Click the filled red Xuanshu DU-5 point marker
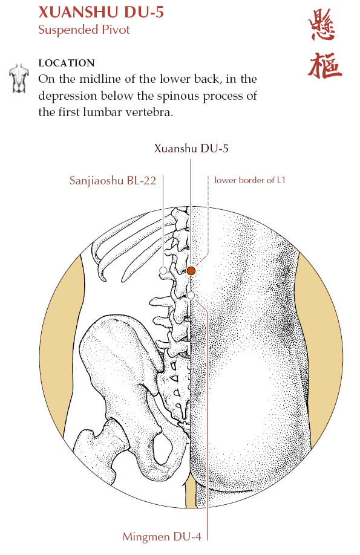tap(191, 271)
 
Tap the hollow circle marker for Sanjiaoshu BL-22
tap(163, 271)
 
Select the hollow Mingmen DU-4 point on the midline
tap(191, 295)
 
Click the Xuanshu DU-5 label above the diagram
tap(191, 148)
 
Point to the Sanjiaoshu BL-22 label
tap(113, 181)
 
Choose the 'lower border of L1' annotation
tap(250, 180)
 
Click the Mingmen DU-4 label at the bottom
tap(162, 537)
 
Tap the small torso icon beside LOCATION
tap(18, 78)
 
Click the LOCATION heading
tap(67, 63)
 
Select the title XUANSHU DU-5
tap(101, 12)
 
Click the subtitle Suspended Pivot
tap(84, 30)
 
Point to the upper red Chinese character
tap(322, 25)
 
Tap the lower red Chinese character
tap(324, 65)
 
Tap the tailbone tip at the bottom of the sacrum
tap(185, 425)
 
